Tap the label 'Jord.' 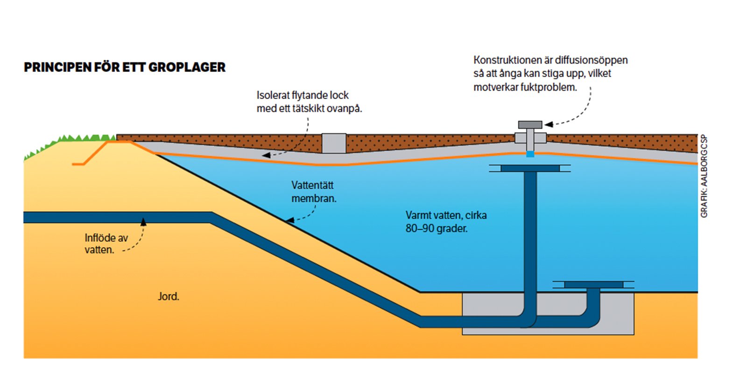click(169, 296)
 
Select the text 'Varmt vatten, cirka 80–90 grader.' click(446, 222)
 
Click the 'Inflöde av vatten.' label click(106, 244)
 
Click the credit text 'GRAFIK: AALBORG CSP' click(704, 176)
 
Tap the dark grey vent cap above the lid click(530, 125)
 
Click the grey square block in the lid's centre click(334, 143)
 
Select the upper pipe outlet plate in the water click(530, 168)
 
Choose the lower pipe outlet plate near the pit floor click(593, 285)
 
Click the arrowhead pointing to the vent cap click(549, 124)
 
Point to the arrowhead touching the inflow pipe click(143, 221)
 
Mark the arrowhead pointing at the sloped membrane click(290, 220)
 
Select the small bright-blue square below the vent click(530, 154)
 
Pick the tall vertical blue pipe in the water click(530, 234)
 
